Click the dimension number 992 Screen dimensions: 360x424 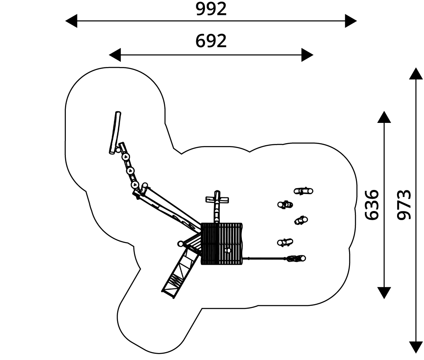click(211, 9)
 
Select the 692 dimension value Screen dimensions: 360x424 click(211, 41)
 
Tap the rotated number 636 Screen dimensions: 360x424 click(372, 204)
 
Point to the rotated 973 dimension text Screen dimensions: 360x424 click(403, 204)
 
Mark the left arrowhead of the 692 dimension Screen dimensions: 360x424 click(115, 55)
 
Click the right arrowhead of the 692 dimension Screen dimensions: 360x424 click(307, 55)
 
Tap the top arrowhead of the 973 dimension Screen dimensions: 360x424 click(416, 73)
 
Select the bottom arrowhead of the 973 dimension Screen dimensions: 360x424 click(416, 347)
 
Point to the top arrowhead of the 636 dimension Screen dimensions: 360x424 click(384, 117)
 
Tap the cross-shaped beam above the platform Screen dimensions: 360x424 click(217, 200)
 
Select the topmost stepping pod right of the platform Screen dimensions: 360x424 click(304, 191)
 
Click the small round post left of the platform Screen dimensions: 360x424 click(180, 244)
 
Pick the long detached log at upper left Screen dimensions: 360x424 click(115, 132)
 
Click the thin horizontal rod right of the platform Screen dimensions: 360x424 click(265, 259)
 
